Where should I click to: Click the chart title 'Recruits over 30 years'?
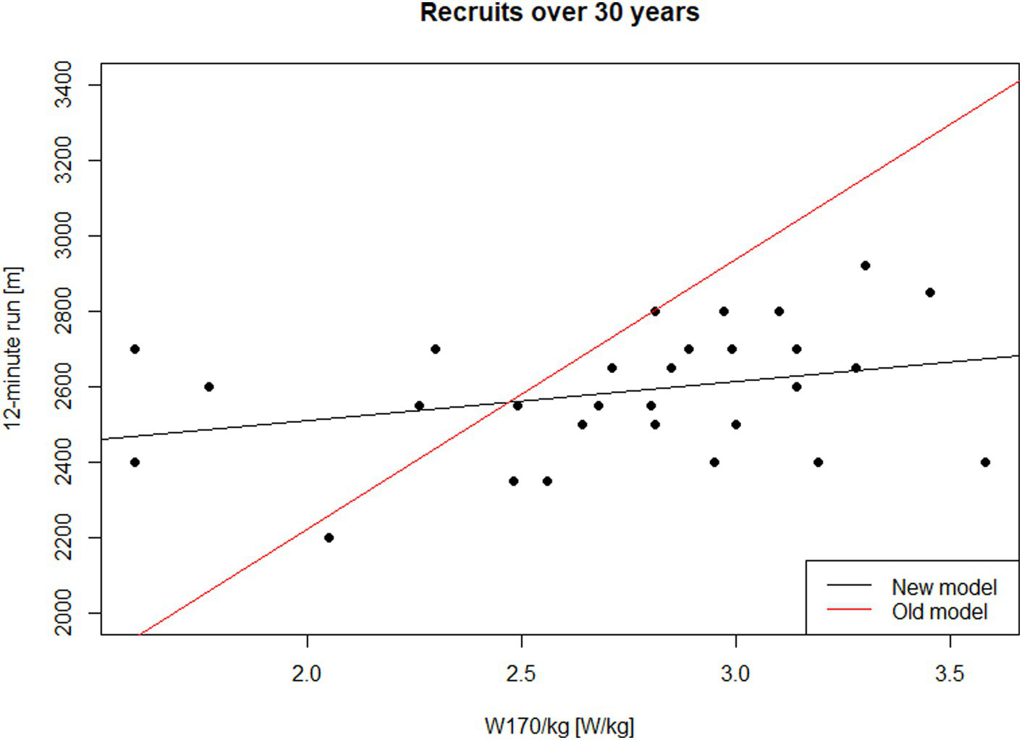[x=559, y=13]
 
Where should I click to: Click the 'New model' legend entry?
[x=943, y=586]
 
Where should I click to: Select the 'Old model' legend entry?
[x=939, y=612]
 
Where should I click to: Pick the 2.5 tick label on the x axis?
[x=521, y=674]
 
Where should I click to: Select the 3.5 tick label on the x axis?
[x=950, y=674]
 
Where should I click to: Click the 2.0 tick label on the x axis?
[x=307, y=674]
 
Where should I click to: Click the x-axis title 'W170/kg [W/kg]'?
[x=559, y=726]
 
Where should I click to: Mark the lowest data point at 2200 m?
[x=329, y=537]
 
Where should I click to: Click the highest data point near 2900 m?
[x=865, y=266]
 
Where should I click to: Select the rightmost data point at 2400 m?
[x=985, y=462]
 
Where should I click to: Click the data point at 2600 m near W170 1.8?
[x=208, y=387]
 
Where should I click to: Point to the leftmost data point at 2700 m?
[x=135, y=349]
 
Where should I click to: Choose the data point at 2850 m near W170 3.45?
[x=930, y=293]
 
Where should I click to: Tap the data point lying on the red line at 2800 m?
[x=655, y=311]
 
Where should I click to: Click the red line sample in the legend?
[x=849, y=610]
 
